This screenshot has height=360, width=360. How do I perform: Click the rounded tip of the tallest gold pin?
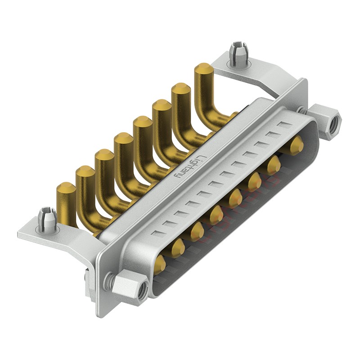click(x=203, y=69)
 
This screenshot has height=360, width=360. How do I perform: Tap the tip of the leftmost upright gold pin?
click(x=65, y=188)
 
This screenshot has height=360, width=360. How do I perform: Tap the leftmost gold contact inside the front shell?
click(x=159, y=265)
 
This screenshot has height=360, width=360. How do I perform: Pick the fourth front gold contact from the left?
click(x=216, y=214)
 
